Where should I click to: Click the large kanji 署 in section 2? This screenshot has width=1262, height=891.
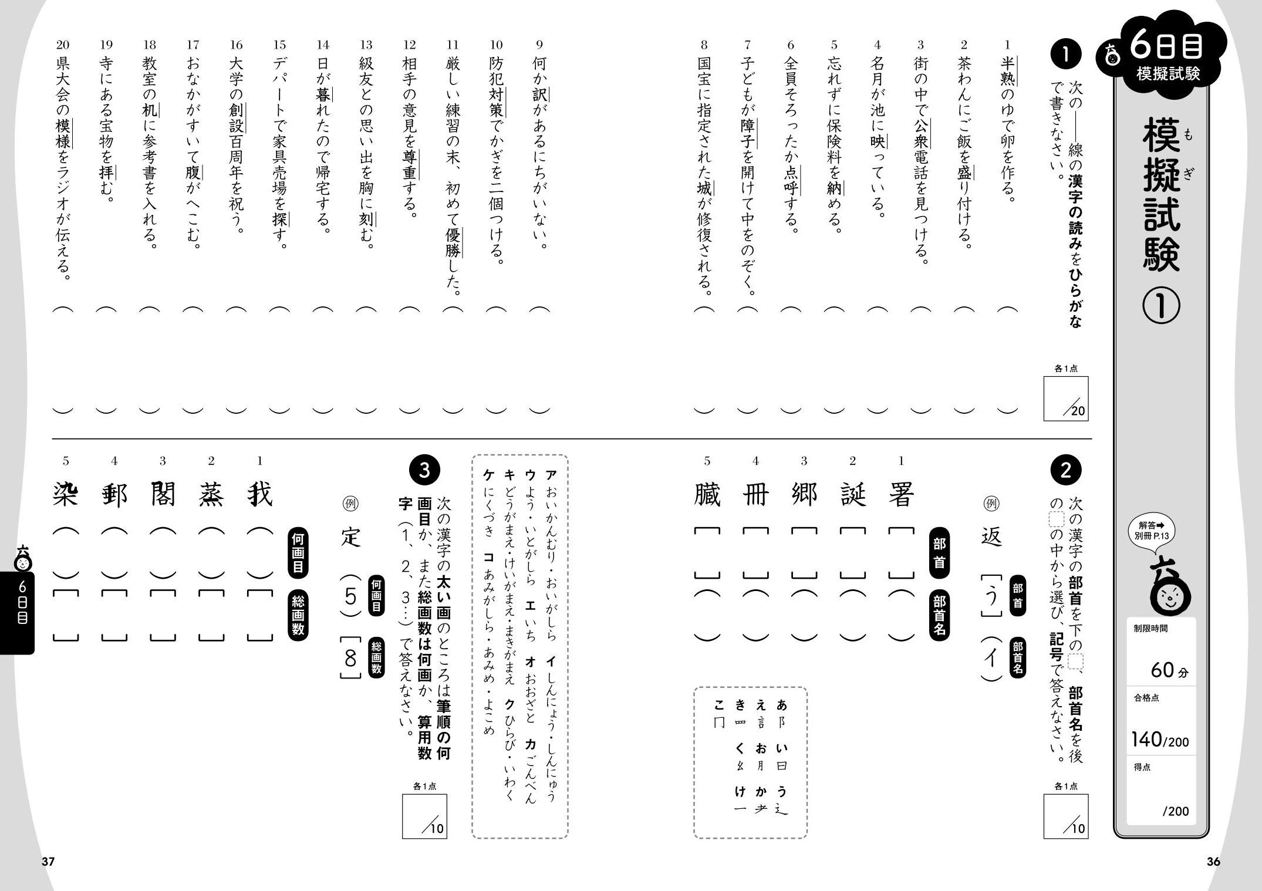pyautogui.click(x=901, y=495)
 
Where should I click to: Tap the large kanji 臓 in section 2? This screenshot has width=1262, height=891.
pyautogui.click(x=707, y=495)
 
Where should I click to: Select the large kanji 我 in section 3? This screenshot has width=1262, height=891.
pyautogui.click(x=259, y=495)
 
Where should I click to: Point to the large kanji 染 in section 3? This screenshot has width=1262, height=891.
pyautogui.click(x=65, y=495)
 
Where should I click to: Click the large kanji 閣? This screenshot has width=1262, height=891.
pyautogui.click(x=163, y=495)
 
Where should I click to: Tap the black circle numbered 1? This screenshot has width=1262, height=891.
pyautogui.click(x=1065, y=54)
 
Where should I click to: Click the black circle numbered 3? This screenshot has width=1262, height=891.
pyautogui.click(x=424, y=470)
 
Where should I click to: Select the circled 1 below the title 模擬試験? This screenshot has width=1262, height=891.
pyautogui.click(x=1161, y=306)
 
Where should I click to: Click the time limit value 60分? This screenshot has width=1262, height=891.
pyautogui.click(x=1168, y=670)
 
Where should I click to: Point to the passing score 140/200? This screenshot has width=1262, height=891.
pyautogui.click(x=1160, y=740)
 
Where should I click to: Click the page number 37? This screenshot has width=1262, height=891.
pyautogui.click(x=48, y=862)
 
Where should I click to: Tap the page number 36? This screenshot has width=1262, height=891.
pyautogui.click(x=1213, y=862)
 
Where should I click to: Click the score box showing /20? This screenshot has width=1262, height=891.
pyautogui.click(x=1066, y=399)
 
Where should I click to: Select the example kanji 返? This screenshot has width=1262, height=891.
pyautogui.click(x=991, y=536)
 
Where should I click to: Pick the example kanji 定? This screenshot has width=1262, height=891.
pyautogui.click(x=350, y=536)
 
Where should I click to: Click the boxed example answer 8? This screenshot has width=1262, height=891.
pyautogui.click(x=350, y=659)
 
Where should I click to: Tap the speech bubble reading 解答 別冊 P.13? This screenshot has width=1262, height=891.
pyautogui.click(x=1152, y=532)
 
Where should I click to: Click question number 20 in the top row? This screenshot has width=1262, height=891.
pyautogui.click(x=63, y=45)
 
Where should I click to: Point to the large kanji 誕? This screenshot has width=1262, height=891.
pyautogui.click(x=852, y=495)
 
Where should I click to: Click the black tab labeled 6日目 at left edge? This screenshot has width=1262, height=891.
pyautogui.click(x=18, y=610)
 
